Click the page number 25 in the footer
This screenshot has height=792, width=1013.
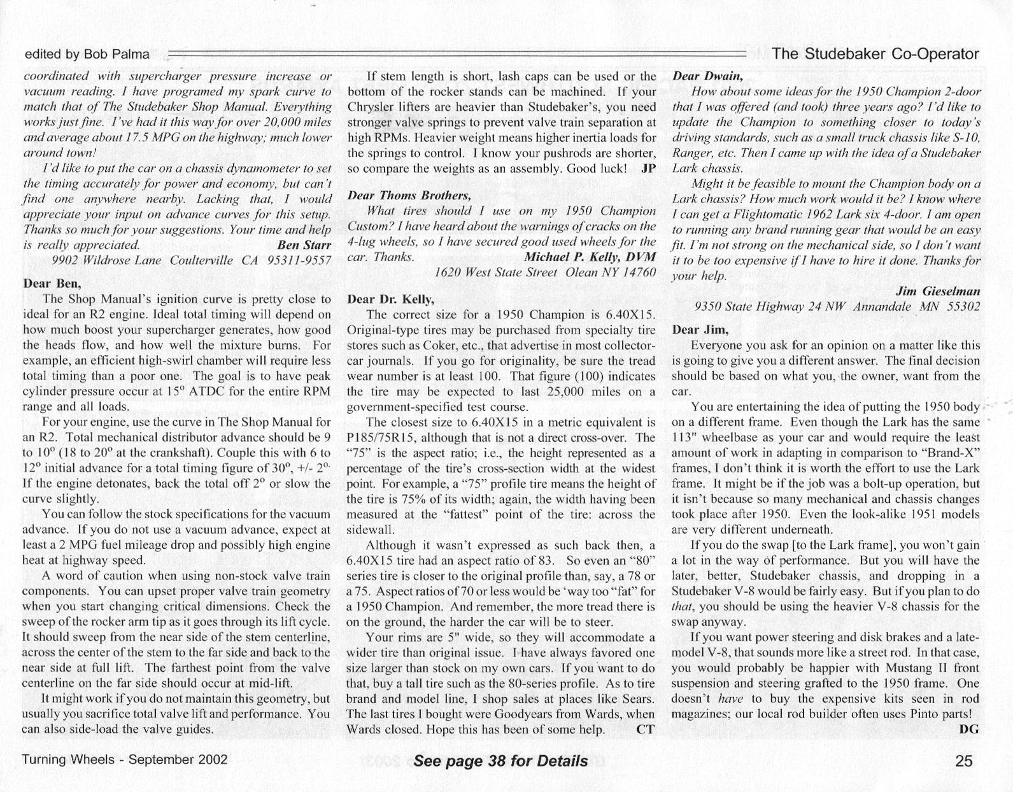pyautogui.click(x=964, y=760)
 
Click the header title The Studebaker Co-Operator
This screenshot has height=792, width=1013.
pyautogui.click(x=875, y=54)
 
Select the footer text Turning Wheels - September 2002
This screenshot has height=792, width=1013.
pyautogui.click(x=125, y=760)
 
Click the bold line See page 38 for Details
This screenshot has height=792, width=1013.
pyautogui.click(x=500, y=761)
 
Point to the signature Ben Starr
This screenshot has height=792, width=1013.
pyautogui.click(x=304, y=245)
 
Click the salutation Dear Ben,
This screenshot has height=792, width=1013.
pyautogui.click(x=52, y=283)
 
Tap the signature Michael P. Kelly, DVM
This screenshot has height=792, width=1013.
pyautogui.click(x=590, y=257)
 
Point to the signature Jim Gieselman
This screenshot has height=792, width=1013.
pyautogui.click(x=938, y=291)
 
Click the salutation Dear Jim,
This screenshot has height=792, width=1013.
pyautogui.click(x=700, y=330)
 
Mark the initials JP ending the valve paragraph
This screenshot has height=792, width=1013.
pyautogui.click(x=648, y=169)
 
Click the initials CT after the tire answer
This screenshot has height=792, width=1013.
pyautogui.click(x=645, y=729)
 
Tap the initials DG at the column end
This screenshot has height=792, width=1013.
pyautogui.click(x=968, y=729)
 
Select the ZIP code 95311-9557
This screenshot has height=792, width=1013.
pyautogui.click(x=301, y=260)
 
